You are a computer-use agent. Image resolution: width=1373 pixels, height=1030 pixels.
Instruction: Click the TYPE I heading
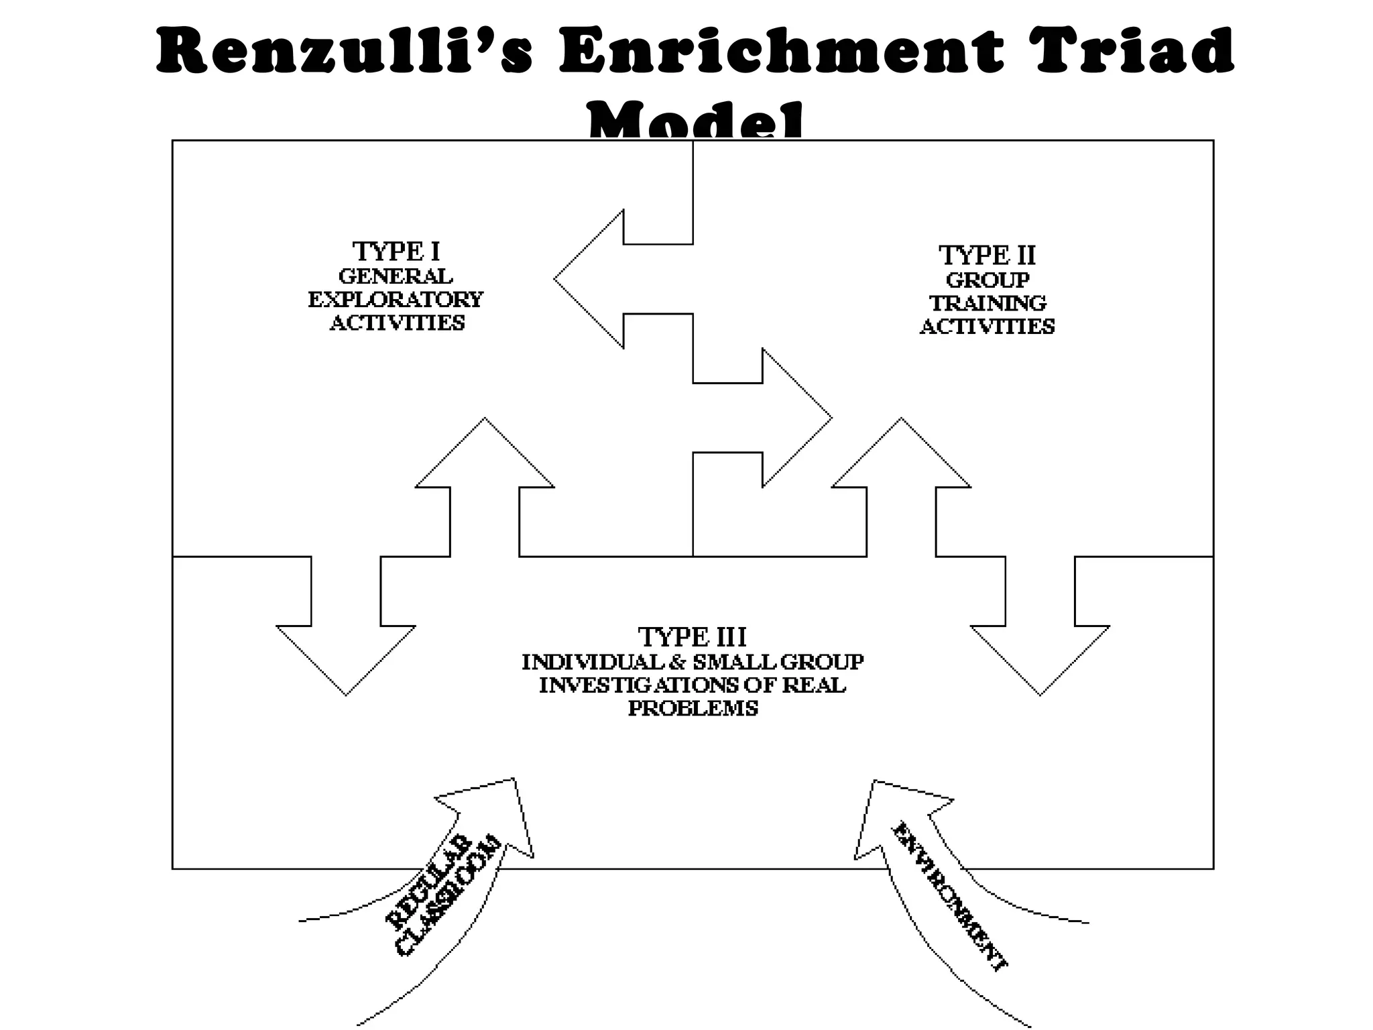pos(396,252)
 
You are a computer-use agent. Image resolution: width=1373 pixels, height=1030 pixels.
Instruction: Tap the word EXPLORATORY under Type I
pos(396,299)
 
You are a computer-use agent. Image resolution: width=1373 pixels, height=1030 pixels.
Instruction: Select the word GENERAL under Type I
pos(396,276)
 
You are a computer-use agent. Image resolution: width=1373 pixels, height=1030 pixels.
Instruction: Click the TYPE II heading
pos(987,255)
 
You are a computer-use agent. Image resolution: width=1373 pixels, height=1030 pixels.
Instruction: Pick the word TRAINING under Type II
pos(987,303)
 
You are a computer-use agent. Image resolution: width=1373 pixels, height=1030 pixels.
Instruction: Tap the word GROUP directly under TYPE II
pos(987,280)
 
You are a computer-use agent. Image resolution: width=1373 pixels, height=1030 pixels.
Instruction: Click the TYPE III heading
pos(692,636)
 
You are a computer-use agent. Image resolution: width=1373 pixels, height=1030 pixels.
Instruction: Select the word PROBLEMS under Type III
pos(693,708)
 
